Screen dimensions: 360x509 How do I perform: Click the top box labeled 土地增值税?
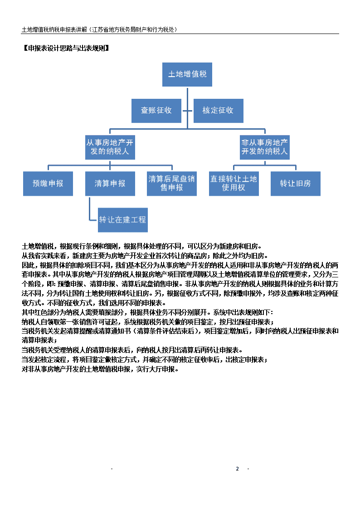click(x=187, y=74)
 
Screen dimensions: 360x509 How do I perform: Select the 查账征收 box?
click(x=156, y=111)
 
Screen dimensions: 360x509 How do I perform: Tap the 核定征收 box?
click(x=218, y=111)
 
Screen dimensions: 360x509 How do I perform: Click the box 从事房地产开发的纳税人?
click(x=110, y=147)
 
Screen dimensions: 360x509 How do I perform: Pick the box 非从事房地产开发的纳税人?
click(x=265, y=147)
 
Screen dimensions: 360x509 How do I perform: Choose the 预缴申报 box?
click(x=48, y=184)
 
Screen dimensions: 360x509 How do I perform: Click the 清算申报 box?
click(x=110, y=184)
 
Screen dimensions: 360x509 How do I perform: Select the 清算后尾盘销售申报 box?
click(x=172, y=184)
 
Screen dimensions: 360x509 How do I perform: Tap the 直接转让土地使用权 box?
click(x=234, y=184)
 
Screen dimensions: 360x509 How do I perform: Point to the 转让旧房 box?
click(x=296, y=184)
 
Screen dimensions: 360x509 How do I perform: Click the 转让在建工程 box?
click(x=123, y=220)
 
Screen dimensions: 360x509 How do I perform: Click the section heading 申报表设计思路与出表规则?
click(x=66, y=48)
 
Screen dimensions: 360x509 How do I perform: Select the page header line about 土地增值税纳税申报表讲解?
click(x=100, y=29)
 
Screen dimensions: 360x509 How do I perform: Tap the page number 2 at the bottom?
click(x=237, y=469)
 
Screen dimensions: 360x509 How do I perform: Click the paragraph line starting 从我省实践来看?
click(x=145, y=256)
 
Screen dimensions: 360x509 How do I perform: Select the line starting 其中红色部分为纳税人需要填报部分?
click(x=148, y=312)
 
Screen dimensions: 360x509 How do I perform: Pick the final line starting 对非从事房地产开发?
click(x=100, y=369)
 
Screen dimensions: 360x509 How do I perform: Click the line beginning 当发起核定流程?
click(x=145, y=360)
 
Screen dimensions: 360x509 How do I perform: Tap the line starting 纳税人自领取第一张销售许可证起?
click(x=148, y=322)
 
